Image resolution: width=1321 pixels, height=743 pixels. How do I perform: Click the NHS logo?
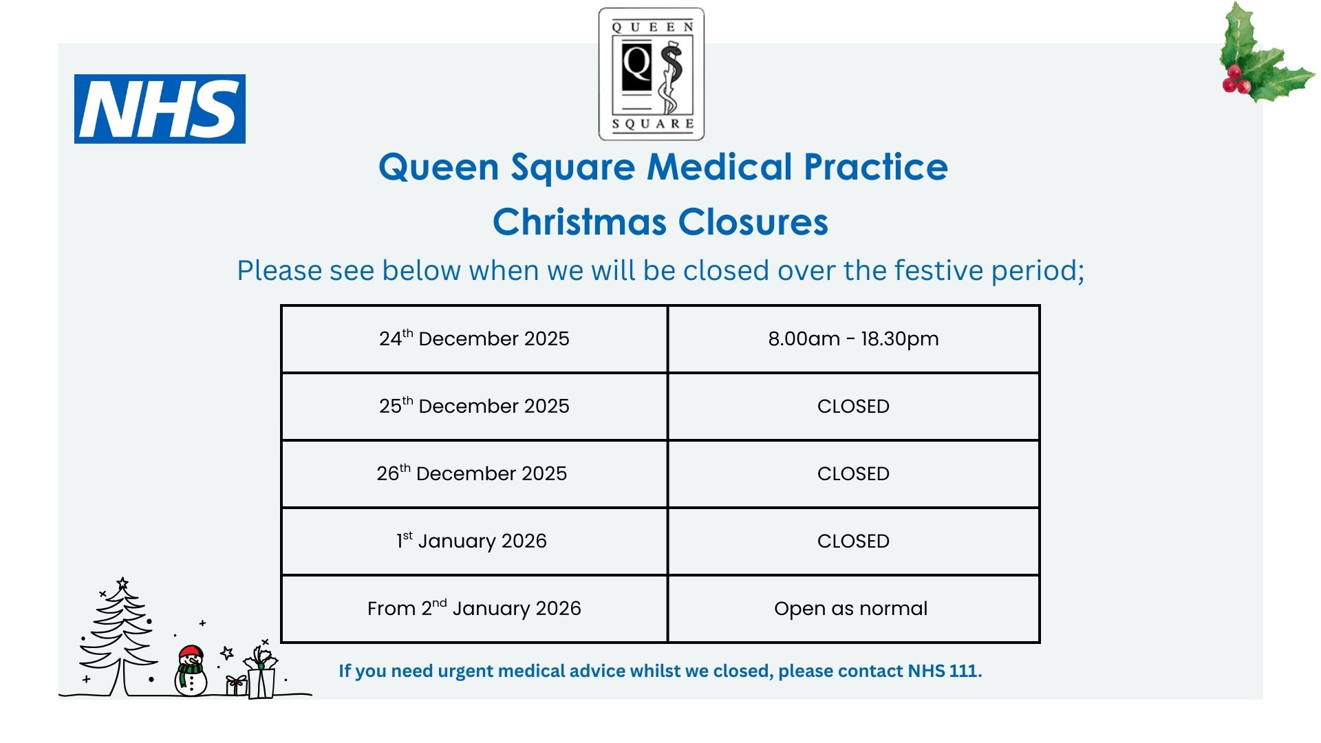point(160,109)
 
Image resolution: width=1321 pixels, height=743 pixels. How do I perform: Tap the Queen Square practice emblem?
point(652,74)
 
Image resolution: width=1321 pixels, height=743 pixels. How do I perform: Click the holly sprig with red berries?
point(1263,54)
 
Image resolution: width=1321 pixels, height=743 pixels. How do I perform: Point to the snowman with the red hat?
point(191,671)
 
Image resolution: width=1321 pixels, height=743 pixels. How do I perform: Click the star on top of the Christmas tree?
point(122,583)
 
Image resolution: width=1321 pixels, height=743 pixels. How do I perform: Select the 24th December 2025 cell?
point(474,339)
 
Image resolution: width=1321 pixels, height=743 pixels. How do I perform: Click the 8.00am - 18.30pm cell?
point(853,339)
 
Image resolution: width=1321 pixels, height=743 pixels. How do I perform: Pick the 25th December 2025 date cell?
point(474,407)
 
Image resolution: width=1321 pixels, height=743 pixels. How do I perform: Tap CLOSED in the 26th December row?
point(853,473)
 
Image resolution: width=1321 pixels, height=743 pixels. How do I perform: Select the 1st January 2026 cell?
point(474,541)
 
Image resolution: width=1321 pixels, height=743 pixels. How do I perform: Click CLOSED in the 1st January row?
point(853,541)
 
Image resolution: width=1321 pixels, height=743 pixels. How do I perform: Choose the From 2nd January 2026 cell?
point(474,609)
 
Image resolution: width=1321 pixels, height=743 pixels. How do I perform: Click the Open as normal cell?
point(853,609)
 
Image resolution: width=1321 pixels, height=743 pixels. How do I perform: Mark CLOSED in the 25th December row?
point(853,406)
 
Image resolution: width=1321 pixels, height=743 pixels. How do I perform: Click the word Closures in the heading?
point(753,222)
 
